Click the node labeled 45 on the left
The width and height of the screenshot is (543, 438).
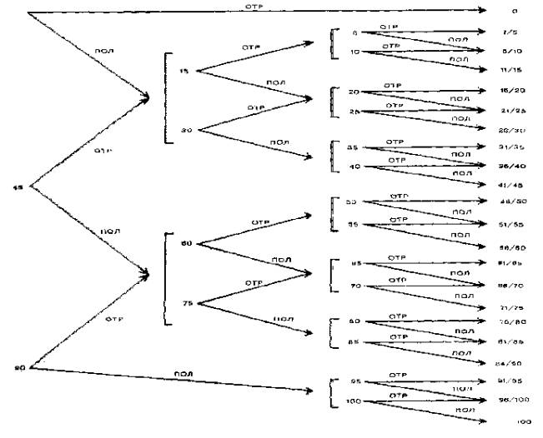click(x=18, y=187)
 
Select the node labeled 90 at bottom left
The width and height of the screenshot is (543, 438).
click(x=18, y=367)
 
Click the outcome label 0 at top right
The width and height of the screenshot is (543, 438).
click(x=515, y=11)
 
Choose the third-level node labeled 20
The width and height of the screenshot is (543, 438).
click(x=354, y=92)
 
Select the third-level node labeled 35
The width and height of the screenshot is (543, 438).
click(x=354, y=147)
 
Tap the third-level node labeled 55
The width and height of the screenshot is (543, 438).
click(x=354, y=225)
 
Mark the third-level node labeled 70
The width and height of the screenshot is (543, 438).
click(x=354, y=286)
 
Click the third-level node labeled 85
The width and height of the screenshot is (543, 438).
click(x=354, y=341)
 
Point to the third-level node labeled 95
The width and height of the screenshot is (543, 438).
click(x=354, y=383)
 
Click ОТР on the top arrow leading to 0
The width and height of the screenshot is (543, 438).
click(x=254, y=6)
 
